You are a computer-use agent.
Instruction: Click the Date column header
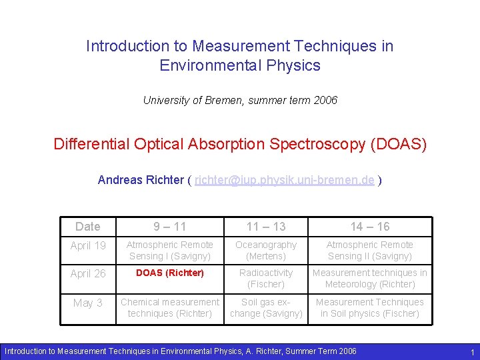tap(88, 227)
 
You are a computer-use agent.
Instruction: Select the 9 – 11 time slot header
tap(170, 227)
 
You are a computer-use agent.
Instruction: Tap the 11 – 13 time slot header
tap(266, 227)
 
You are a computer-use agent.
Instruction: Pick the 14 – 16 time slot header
tap(369, 227)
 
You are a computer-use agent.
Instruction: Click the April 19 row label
tap(88, 246)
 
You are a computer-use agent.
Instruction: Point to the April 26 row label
tap(88, 274)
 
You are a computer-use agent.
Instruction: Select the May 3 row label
tap(88, 303)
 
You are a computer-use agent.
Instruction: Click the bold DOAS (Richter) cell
tap(170, 273)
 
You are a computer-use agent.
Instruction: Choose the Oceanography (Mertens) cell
tap(266, 251)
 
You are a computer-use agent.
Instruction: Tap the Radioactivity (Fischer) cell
tap(266, 279)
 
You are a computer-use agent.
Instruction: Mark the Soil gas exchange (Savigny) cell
tap(266, 308)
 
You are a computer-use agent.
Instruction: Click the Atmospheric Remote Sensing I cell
tap(170, 251)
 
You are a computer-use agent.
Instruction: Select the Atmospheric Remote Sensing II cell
tap(369, 251)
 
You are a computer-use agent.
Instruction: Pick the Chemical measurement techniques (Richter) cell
tap(170, 308)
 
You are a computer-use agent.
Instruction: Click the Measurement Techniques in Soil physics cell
tap(369, 308)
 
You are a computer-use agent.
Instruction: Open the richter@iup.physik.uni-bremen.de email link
tap(284, 180)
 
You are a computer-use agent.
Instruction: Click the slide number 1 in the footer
tap(472, 352)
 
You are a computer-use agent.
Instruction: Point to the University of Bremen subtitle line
tap(240, 101)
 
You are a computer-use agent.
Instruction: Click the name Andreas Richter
tap(141, 180)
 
